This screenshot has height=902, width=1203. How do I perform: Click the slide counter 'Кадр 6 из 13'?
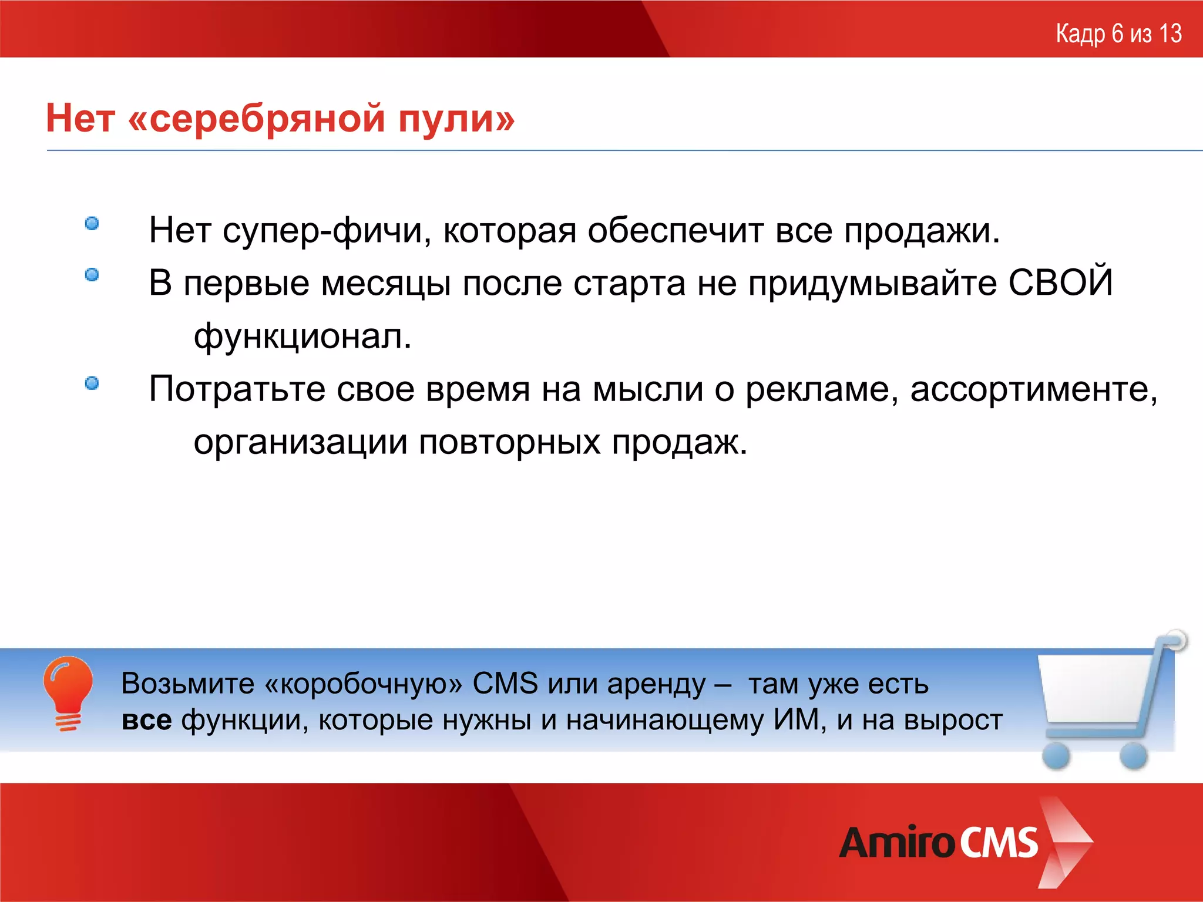pyautogui.click(x=1118, y=33)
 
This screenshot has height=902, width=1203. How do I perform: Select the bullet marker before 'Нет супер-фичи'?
pyautogui.click(x=92, y=224)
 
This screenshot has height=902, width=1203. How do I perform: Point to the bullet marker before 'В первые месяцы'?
pyautogui.click(x=92, y=275)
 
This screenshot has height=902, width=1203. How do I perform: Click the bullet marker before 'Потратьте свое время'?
pyautogui.click(x=92, y=383)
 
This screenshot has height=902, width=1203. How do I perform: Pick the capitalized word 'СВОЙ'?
pyautogui.click(x=1060, y=282)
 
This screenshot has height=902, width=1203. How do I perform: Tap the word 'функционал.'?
pyautogui.click(x=303, y=336)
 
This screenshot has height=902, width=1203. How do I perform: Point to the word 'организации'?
pyautogui.click(x=300, y=442)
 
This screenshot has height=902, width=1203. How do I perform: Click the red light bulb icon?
pyautogui.click(x=68, y=690)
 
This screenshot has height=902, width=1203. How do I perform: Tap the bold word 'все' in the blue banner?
pyautogui.click(x=147, y=720)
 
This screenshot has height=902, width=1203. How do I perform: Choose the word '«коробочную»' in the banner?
pyautogui.click(x=364, y=684)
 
